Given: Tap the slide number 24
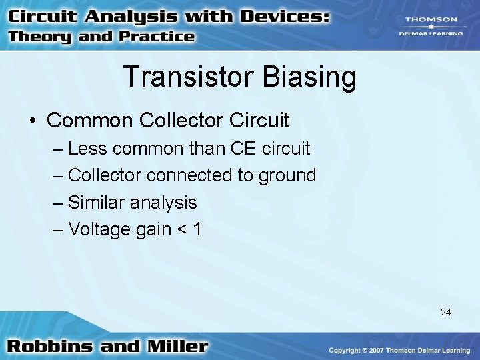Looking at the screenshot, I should coord(446,311).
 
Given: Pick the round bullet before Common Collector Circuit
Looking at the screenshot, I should coord(33,121).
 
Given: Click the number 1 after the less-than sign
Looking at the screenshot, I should coord(196,229).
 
